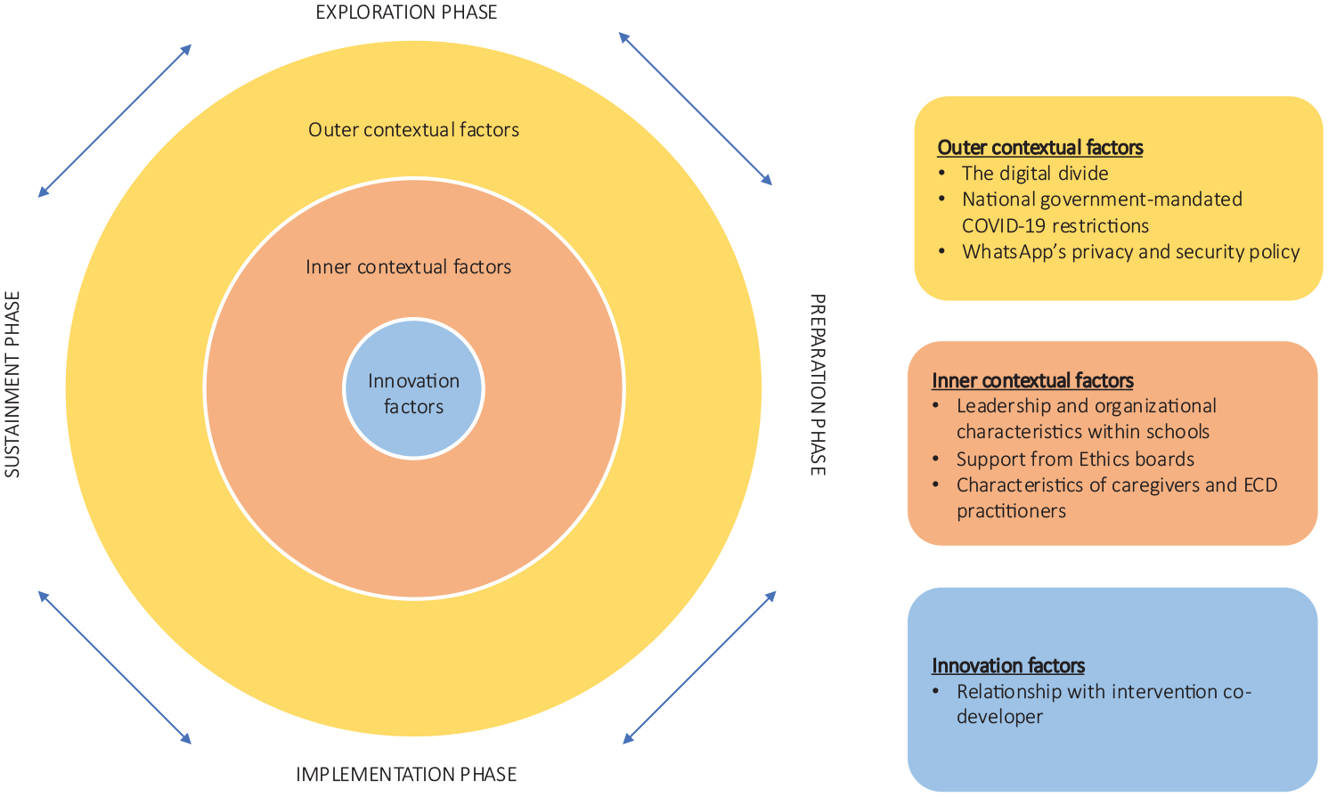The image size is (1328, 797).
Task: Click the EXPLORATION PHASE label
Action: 406,12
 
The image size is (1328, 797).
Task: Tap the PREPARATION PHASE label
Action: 818,385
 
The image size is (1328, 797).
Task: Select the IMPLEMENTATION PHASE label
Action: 406,775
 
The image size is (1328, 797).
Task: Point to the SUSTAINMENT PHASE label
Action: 12,385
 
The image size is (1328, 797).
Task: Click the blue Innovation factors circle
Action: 414,389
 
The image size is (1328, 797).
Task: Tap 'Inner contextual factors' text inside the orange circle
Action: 409,266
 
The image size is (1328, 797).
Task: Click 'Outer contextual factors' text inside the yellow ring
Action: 414,130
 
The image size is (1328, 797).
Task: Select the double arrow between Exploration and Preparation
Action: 696,109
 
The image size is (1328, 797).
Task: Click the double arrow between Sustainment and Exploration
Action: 115,120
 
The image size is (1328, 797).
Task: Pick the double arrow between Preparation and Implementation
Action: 699,667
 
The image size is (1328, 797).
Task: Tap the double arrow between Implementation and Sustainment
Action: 115,667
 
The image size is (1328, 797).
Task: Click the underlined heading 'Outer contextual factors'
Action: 1040,148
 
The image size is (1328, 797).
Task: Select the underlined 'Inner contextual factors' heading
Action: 1032,380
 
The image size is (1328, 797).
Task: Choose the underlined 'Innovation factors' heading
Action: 1008,666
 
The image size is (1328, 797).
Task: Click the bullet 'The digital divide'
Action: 1035,173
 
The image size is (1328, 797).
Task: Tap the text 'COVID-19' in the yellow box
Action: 1003,226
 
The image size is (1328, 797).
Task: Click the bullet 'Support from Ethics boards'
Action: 1075,459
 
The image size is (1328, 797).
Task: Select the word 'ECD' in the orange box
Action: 1260,485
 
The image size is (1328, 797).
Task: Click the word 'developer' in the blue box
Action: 999,717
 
